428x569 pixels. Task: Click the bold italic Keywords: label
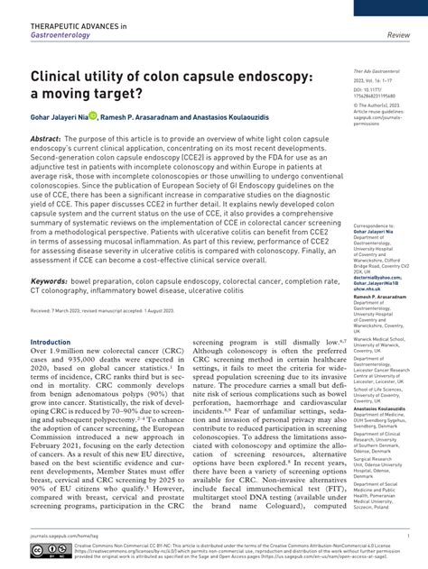[x=55, y=281]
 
